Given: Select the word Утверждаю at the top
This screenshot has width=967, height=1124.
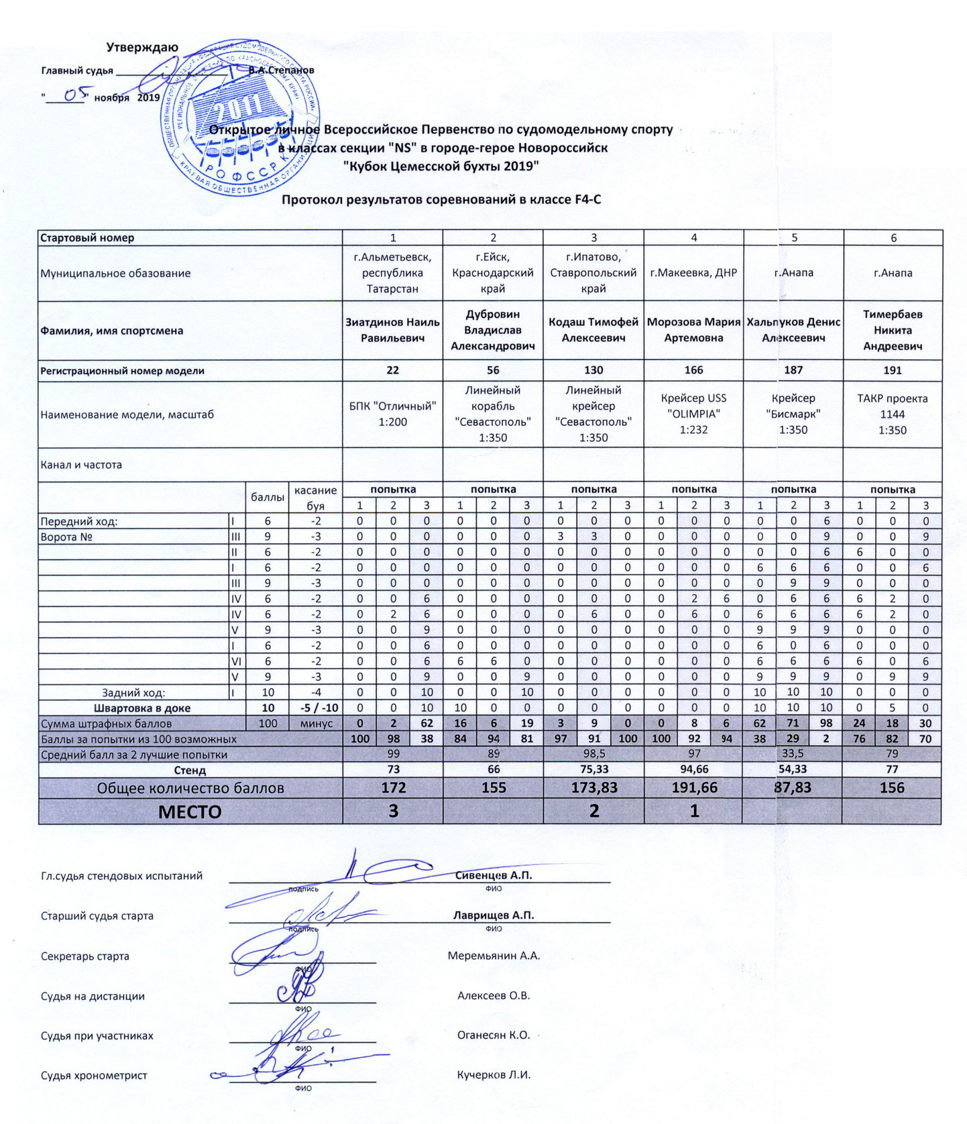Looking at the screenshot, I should click(x=142, y=48).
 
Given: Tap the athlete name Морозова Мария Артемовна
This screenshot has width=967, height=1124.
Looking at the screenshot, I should click(x=693, y=330).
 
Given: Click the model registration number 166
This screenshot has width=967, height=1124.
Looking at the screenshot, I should click(x=693, y=370).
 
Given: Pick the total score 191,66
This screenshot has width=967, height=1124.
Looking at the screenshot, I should click(x=693, y=788).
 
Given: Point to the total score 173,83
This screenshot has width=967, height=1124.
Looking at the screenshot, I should click(x=593, y=788).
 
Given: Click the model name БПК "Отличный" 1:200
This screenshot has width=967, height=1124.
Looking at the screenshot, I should click(x=393, y=414).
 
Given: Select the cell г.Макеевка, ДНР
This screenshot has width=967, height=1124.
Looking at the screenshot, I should click(x=693, y=273).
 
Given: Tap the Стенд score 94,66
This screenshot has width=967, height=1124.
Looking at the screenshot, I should click(x=693, y=770).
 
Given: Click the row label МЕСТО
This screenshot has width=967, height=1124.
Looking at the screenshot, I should click(x=190, y=812).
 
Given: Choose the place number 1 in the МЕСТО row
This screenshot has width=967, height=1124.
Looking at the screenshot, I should click(x=693, y=811).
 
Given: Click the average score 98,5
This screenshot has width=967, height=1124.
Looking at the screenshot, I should click(x=593, y=754).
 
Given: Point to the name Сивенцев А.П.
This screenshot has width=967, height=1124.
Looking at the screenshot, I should click(x=494, y=875).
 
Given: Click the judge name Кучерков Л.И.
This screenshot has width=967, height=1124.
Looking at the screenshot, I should click(x=494, y=1075).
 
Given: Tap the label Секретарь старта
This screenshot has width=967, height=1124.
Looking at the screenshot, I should click(x=85, y=956).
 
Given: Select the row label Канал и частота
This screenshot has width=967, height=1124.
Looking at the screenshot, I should click(x=81, y=465).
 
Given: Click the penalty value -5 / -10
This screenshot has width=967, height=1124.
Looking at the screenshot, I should click(x=315, y=708).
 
